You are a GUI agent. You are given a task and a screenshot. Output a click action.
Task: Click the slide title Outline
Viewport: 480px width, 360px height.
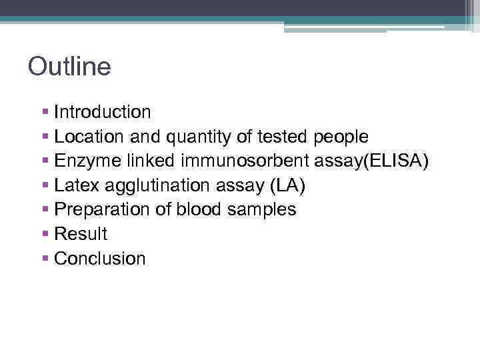point(69,67)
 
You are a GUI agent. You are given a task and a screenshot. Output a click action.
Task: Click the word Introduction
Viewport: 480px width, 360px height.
point(103,112)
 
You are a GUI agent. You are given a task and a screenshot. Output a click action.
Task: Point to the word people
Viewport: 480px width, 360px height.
point(341,137)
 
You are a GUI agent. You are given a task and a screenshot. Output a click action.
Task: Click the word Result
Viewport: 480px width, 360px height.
point(81,234)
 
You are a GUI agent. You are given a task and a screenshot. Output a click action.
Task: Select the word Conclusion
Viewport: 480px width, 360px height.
point(100,259)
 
